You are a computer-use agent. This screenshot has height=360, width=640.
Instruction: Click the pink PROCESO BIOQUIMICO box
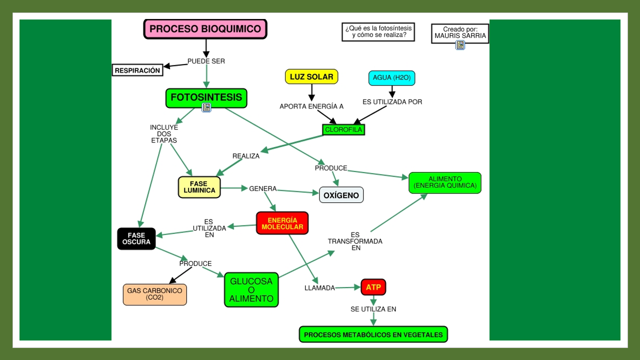tap(205, 29)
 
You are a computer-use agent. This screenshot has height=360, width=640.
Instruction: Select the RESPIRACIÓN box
tap(137, 70)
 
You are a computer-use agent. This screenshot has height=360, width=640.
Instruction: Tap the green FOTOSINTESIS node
tap(206, 97)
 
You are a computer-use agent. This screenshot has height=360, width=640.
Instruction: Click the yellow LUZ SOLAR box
tap(311, 77)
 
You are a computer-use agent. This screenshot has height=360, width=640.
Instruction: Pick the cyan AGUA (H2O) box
tap(391, 78)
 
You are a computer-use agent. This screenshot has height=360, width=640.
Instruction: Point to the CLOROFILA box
tap(343, 129)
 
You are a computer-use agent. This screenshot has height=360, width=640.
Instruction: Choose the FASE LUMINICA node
tap(199, 187)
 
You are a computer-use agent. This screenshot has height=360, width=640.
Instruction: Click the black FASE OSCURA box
tap(136, 238)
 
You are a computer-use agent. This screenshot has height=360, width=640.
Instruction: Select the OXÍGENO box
tap(341, 195)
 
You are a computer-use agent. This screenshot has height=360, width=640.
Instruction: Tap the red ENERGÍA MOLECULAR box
tap(282, 223)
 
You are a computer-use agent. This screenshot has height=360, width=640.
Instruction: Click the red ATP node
tap(373, 287)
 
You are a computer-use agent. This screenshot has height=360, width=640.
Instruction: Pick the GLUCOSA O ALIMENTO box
tap(251, 290)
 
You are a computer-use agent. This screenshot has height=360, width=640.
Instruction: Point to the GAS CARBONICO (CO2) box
tap(154, 294)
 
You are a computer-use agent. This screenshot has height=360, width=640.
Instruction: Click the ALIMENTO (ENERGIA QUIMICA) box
tap(444, 182)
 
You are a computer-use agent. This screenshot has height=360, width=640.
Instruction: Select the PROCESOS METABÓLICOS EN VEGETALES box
tap(373, 334)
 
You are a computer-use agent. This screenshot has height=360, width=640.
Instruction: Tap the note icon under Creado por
tap(460, 45)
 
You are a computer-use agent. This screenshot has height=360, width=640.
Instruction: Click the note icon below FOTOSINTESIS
tap(206, 107)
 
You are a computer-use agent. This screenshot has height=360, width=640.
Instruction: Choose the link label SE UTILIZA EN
tap(373, 309)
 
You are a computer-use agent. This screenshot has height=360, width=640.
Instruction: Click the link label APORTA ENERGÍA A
tap(311, 106)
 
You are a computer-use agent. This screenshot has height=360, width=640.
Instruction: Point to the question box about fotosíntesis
tap(378, 31)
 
